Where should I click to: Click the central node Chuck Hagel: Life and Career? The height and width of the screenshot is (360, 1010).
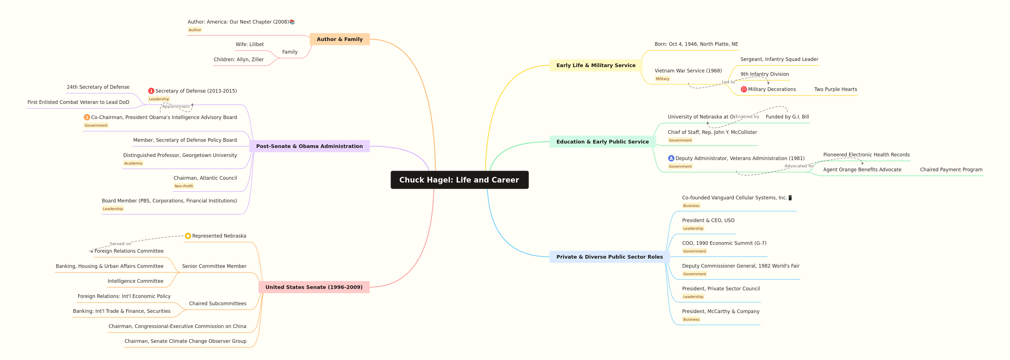click(459, 180)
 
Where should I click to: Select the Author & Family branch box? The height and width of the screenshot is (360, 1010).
click(340, 39)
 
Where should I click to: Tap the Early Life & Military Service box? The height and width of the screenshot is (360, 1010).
click(596, 65)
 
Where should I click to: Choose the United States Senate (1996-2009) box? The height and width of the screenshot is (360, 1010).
click(314, 287)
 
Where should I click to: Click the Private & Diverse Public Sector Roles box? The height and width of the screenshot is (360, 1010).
click(609, 257)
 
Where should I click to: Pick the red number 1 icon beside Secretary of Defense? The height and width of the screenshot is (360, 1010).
click(151, 91)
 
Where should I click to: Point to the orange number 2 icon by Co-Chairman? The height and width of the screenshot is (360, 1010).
click(87, 117)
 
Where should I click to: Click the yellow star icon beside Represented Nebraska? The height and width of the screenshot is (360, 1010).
click(188, 236)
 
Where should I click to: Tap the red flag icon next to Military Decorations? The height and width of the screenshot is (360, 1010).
click(743, 89)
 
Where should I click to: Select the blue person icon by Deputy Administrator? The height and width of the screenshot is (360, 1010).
click(671, 158)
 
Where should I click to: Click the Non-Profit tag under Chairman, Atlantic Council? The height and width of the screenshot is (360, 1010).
click(184, 186)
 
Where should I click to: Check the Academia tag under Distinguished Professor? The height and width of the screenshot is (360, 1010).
click(133, 163)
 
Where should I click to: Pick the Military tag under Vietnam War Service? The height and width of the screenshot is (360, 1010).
click(662, 79)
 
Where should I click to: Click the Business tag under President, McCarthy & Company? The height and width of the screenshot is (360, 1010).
click(691, 320)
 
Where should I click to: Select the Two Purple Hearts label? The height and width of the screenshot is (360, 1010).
click(835, 89)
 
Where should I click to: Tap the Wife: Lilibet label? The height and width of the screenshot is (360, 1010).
click(249, 44)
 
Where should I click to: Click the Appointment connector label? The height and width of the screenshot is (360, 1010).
click(176, 106)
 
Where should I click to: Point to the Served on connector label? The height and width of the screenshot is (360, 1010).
click(120, 243)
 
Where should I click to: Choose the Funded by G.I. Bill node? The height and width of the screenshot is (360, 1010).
click(787, 117)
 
